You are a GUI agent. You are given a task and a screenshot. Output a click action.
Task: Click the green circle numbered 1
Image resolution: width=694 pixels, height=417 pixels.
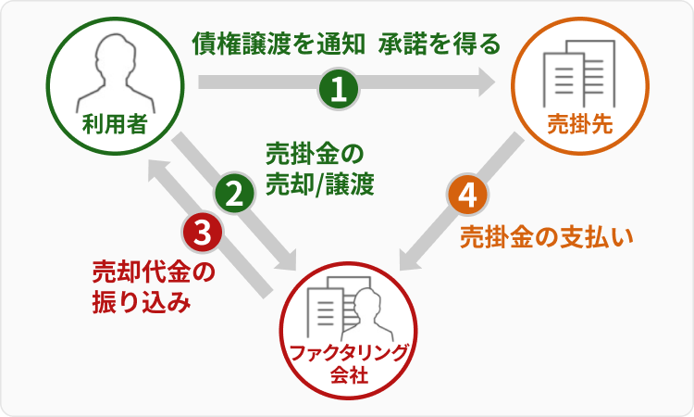point(339,89)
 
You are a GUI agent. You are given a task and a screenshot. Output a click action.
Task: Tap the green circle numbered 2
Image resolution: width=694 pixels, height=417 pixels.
point(235,194)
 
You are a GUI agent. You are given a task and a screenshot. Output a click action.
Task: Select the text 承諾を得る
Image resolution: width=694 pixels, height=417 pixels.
point(439,44)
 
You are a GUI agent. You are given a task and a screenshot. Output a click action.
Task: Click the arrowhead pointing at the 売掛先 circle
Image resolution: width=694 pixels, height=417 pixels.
point(489,84)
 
